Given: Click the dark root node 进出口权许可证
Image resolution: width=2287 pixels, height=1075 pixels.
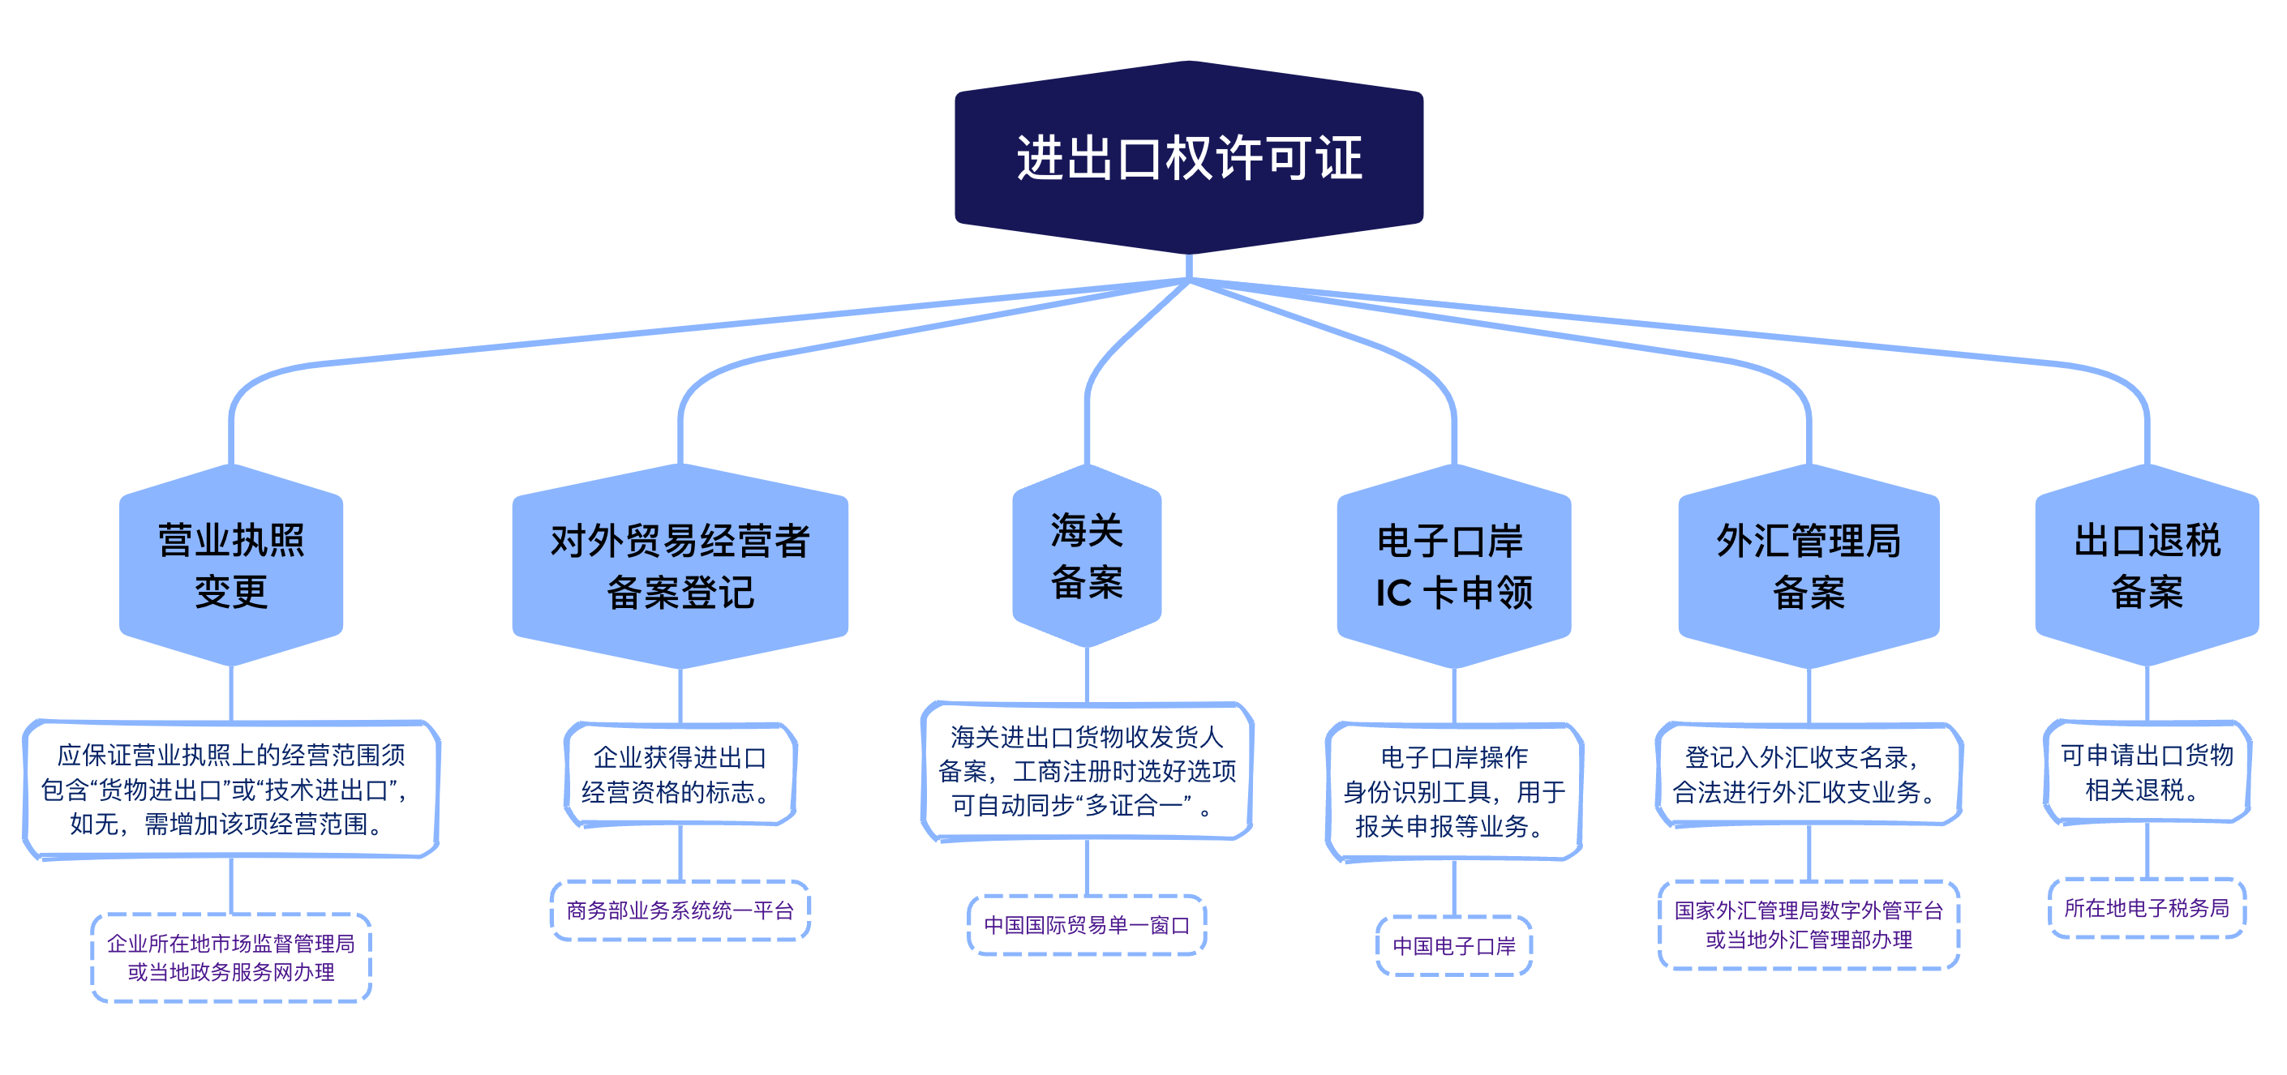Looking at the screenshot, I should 1188,158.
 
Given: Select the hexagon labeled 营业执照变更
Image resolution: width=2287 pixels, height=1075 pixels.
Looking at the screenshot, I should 231,565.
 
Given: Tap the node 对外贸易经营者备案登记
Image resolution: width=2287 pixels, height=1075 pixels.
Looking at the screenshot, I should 680,565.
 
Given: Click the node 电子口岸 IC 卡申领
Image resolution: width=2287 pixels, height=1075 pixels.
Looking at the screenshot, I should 1453,565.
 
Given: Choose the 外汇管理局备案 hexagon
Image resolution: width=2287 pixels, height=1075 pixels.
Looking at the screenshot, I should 1809,565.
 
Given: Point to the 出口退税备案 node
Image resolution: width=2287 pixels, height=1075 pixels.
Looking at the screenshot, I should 2146,565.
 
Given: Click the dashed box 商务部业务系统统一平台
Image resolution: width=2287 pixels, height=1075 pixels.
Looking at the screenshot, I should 680,910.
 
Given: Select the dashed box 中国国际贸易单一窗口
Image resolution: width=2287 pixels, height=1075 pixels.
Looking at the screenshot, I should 1087,925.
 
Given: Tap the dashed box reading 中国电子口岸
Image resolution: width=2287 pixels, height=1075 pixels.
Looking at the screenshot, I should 1453,945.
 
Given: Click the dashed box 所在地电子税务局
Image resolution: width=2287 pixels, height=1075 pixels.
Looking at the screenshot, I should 2146,907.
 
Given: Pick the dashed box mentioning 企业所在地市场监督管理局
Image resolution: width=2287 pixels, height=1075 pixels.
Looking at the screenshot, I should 231,957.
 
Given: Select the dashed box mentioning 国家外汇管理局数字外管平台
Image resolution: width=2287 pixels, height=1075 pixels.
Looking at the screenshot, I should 1809,924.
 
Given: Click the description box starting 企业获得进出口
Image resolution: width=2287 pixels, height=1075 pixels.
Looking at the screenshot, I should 680,774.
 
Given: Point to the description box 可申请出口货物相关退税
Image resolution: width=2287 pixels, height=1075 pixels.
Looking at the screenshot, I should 2146,772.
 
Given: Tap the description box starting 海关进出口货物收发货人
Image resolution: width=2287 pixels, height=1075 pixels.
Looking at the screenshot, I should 1087,770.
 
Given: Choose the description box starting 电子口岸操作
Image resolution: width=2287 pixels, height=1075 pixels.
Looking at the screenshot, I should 1453,791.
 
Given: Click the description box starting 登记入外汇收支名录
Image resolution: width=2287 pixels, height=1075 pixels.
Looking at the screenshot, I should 1809,774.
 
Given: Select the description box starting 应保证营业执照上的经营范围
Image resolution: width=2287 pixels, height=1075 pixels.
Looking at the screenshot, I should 231,789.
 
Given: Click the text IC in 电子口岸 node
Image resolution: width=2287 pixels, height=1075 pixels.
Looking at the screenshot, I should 1393,593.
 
